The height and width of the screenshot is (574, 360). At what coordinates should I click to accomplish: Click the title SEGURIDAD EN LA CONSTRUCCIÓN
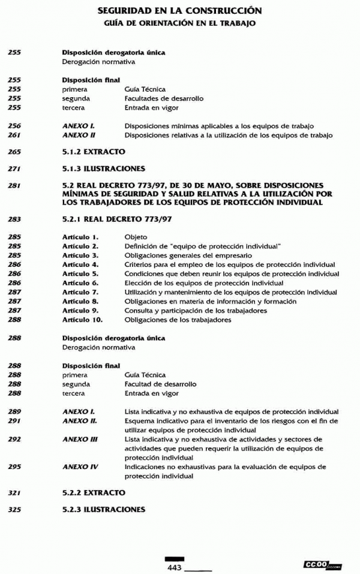(x=179, y=11)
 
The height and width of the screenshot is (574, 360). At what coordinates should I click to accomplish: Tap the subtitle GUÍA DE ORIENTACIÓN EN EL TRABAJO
(x=179, y=23)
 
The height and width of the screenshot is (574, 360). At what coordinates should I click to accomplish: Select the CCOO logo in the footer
(x=323, y=565)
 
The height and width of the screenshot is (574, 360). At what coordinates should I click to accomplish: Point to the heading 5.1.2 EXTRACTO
(x=94, y=152)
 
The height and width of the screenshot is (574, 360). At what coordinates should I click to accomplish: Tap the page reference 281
(x=15, y=186)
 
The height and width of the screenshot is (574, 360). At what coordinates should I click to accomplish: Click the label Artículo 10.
(x=83, y=320)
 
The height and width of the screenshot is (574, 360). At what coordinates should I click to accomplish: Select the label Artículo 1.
(x=80, y=238)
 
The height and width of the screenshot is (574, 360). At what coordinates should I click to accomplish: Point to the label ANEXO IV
(x=80, y=467)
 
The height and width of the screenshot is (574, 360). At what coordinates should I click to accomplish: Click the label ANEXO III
(x=80, y=439)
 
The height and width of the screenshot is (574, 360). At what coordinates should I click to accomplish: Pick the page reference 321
(x=15, y=492)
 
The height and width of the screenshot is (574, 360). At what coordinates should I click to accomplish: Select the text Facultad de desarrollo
(x=160, y=384)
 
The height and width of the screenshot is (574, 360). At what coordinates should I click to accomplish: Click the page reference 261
(x=15, y=136)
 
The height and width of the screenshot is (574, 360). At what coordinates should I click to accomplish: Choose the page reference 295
(x=15, y=467)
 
